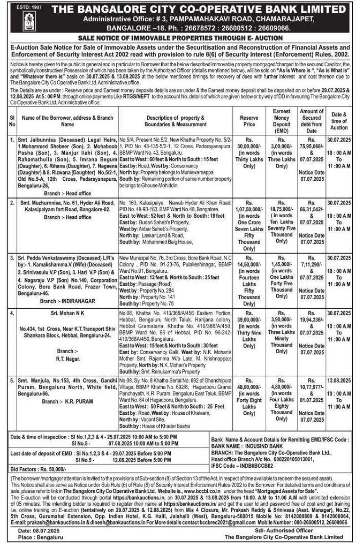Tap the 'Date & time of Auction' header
click(x=339, y=121)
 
